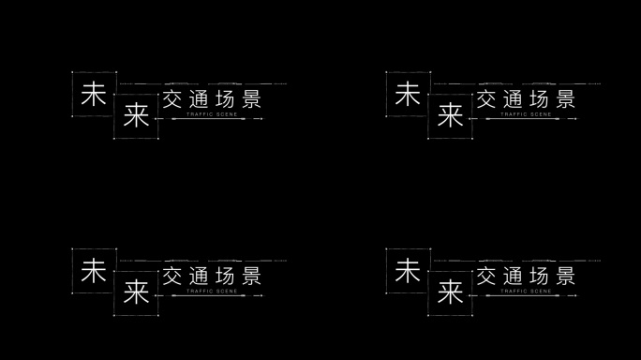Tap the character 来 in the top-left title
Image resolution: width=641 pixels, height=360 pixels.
[x=136, y=116]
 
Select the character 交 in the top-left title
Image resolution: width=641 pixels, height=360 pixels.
[x=174, y=99]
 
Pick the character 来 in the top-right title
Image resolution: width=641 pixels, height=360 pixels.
[x=451, y=116]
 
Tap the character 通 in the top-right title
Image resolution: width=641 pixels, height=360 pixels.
[x=514, y=99]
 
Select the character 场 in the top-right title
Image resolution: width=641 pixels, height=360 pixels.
[x=540, y=99]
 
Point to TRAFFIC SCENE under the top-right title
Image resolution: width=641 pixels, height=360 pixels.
[x=526, y=114]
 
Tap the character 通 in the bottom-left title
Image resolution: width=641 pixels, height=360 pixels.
[x=200, y=277]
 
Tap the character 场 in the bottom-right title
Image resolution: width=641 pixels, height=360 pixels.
[x=540, y=277]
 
